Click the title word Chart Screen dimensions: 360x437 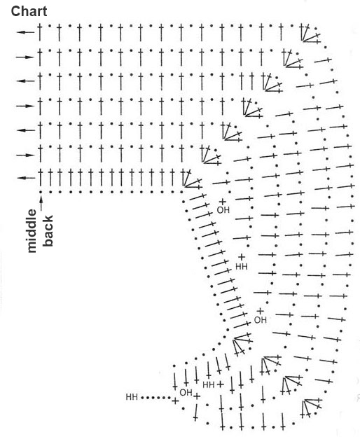29,12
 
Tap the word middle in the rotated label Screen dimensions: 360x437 32,231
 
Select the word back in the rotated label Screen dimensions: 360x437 48,231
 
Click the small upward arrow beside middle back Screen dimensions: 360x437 41,203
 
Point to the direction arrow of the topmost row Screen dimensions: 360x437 25,32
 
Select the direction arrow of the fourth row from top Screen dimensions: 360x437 25,106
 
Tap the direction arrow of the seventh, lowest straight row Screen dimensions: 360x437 26,178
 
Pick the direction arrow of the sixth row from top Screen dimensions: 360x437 25,155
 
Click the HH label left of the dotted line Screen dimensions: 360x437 132,397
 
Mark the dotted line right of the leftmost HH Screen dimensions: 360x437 156,398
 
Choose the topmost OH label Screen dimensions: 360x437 223,210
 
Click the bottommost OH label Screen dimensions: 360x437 186,392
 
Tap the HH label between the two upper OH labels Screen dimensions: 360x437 242,267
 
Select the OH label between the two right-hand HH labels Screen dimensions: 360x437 261,320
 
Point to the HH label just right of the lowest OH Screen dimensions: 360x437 209,385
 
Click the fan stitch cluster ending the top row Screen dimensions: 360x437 311,34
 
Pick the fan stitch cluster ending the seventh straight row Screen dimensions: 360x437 192,179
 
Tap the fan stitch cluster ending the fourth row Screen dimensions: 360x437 252,107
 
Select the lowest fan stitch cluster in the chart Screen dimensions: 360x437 312,408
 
